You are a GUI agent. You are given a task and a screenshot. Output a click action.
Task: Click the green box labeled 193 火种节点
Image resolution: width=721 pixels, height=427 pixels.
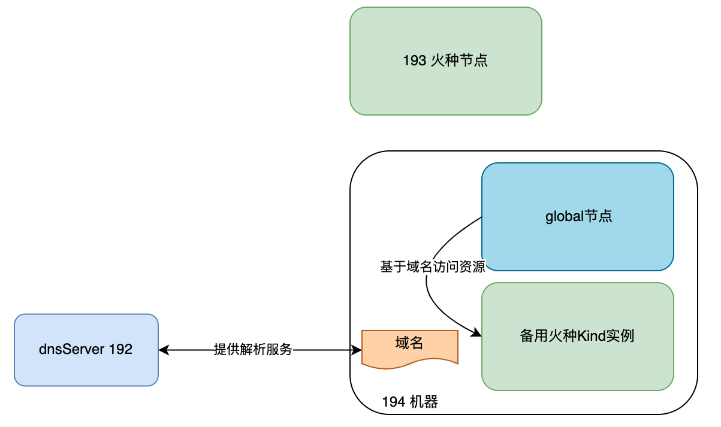(445, 61)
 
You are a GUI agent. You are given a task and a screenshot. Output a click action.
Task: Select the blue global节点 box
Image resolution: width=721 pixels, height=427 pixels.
(578, 217)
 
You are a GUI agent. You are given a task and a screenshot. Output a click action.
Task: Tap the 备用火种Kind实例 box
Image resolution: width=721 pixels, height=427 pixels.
(578, 337)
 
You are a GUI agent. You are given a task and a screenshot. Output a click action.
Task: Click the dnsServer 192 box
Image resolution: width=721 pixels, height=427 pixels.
(86, 350)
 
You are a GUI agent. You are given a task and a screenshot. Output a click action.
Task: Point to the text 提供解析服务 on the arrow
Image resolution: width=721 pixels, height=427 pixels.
(253, 350)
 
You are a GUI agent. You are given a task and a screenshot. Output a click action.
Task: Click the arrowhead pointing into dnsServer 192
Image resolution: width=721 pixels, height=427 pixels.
(163, 350)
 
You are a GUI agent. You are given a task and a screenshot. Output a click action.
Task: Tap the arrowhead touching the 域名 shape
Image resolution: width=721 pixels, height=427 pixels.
(357, 350)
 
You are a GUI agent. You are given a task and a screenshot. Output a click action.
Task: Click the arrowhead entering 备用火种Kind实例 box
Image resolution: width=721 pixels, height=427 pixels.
(478, 333)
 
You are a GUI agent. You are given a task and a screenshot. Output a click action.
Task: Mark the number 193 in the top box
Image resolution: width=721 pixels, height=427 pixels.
(415, 61)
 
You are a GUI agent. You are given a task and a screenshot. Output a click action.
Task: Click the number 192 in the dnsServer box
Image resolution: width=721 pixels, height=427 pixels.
(120, 350)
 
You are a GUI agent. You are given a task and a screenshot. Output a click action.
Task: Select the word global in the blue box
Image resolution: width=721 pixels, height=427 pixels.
(564, 217)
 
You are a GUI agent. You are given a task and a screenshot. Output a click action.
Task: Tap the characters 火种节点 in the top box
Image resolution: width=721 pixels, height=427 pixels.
(459, 61)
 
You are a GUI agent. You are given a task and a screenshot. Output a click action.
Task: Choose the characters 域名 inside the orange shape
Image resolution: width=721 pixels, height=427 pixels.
(409, 343)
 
